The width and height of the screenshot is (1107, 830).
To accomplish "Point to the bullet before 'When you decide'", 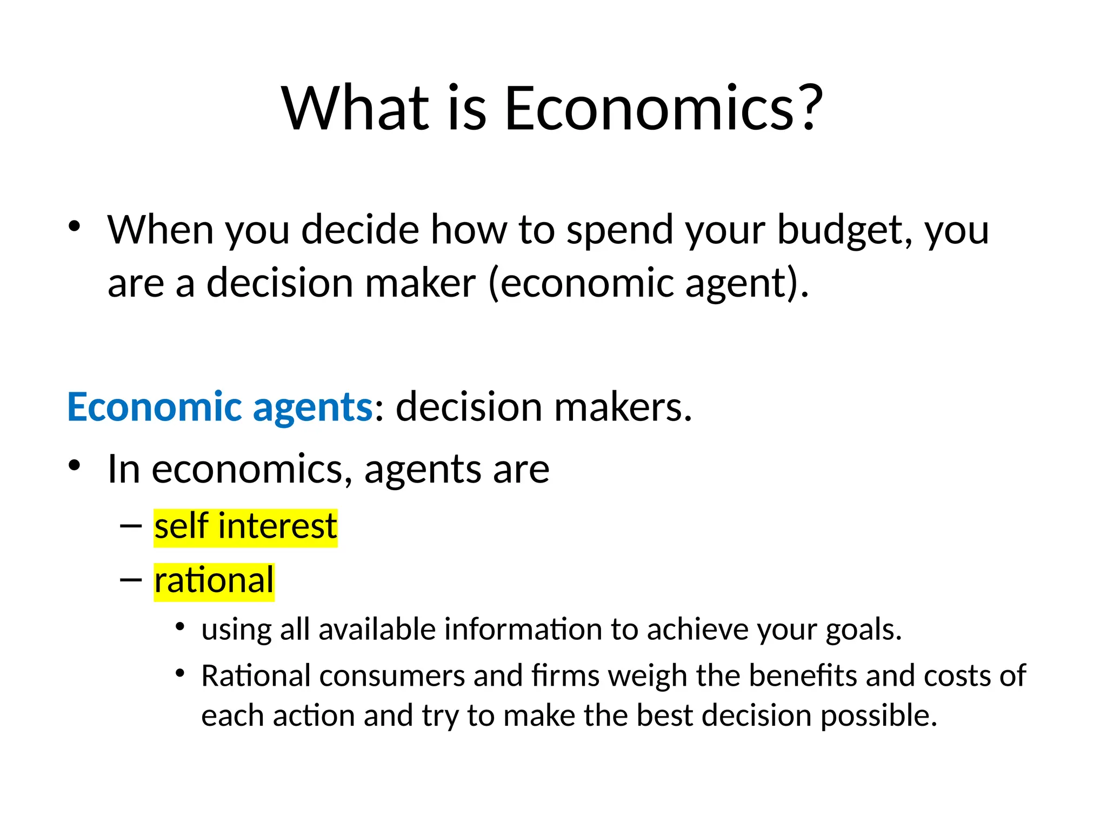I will pos(74,226).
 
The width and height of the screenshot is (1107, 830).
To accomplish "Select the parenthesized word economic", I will pos(586,283).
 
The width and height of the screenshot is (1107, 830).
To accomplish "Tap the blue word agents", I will pos(312,407).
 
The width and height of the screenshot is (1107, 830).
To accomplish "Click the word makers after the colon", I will pos(622,406).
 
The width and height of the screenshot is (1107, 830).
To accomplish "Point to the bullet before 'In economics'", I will pos(74,465).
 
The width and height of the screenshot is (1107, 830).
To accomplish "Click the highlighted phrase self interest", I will pos(245,527).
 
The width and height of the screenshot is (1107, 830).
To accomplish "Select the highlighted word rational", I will pos(214,581).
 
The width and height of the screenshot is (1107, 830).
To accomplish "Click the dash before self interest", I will pos(131,526).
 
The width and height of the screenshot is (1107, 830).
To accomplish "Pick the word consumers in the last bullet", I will pos(392,676).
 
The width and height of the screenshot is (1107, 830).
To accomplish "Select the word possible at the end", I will pos(878,716).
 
